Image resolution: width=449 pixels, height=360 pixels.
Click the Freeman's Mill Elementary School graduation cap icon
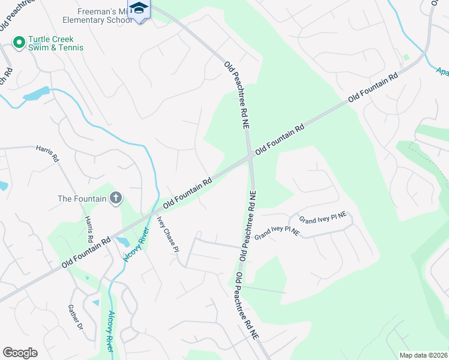tap(139, 8)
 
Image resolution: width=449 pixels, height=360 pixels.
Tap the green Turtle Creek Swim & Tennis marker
tap(19, 42)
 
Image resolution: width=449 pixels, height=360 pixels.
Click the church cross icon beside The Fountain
tap(116, 198)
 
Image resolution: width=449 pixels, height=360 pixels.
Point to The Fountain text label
tap(82, 199)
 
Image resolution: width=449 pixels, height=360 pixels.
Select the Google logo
tap(20, 353)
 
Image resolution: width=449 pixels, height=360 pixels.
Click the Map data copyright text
tap(424, 355)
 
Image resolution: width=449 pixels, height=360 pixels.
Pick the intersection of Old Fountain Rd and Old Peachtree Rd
tap(250, 157)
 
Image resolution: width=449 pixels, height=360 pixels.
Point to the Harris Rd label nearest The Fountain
tap(89, 230)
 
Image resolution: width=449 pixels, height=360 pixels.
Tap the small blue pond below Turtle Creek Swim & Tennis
tap(37, 94)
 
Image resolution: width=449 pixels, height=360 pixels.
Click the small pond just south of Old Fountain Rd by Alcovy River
tap(123, 242)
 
